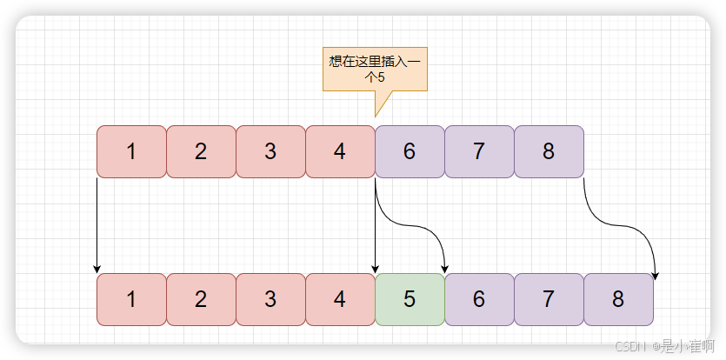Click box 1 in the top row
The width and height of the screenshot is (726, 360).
tap(131, 151)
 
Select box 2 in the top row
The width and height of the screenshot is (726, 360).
tap(201, 151)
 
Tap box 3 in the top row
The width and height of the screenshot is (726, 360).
tap(270, 151)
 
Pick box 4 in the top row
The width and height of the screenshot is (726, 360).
tap(340, 151)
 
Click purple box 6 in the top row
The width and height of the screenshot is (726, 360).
tap(410, 151)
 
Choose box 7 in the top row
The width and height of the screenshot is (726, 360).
tap(479, 151)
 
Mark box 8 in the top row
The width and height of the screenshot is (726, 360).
tap(549, 151)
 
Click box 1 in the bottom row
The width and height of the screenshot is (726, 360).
tap(131, 299)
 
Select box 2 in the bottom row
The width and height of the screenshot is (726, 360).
tap(201, 299)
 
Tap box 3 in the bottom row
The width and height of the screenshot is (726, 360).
tap(270, 299)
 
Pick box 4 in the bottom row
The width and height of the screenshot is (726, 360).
tap(340, 299)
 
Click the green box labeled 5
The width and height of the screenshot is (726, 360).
tap(410, 299)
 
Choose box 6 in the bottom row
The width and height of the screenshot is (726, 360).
tap(479, 299)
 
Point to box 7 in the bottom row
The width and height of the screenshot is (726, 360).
tap(549, 299)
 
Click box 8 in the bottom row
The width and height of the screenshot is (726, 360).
tap(618, 299)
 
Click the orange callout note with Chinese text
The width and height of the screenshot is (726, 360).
tap(375, 70)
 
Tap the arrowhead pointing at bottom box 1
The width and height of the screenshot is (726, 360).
tap(97, 268)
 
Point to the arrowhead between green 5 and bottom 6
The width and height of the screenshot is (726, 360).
tap(445, 267)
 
